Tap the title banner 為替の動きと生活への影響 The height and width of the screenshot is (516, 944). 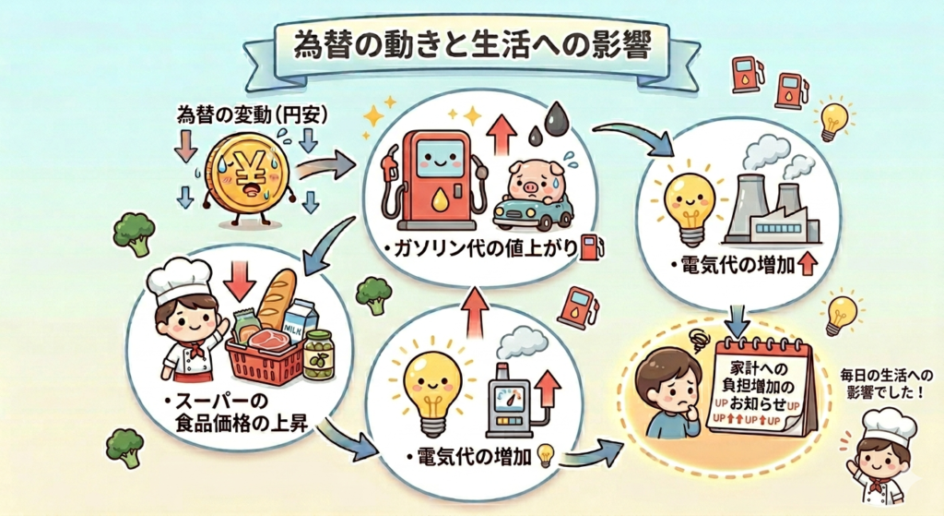click(x=471, y=46)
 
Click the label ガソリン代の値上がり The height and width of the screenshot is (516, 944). click(x=486, y=249)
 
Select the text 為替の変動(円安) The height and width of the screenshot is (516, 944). click(x=245, y=116)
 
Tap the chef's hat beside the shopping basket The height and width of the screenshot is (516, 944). click(x=179, y=276)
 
